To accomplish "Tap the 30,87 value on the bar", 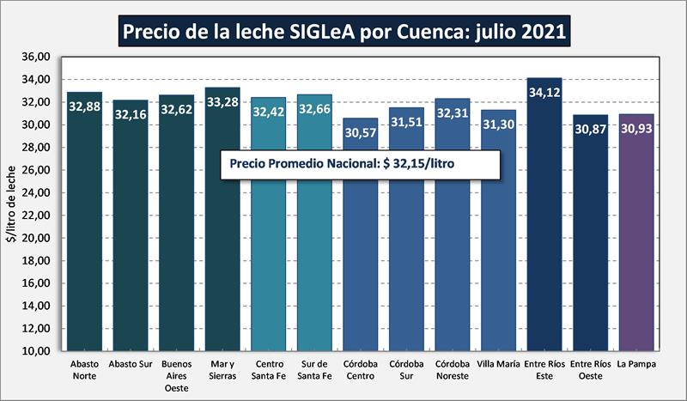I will tap(590, 128).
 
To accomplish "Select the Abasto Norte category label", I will tap(84, 370).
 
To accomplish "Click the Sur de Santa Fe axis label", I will tap(314, 370).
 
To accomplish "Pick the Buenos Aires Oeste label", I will tap(176, 375).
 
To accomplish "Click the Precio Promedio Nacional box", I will tap(359, 164).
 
